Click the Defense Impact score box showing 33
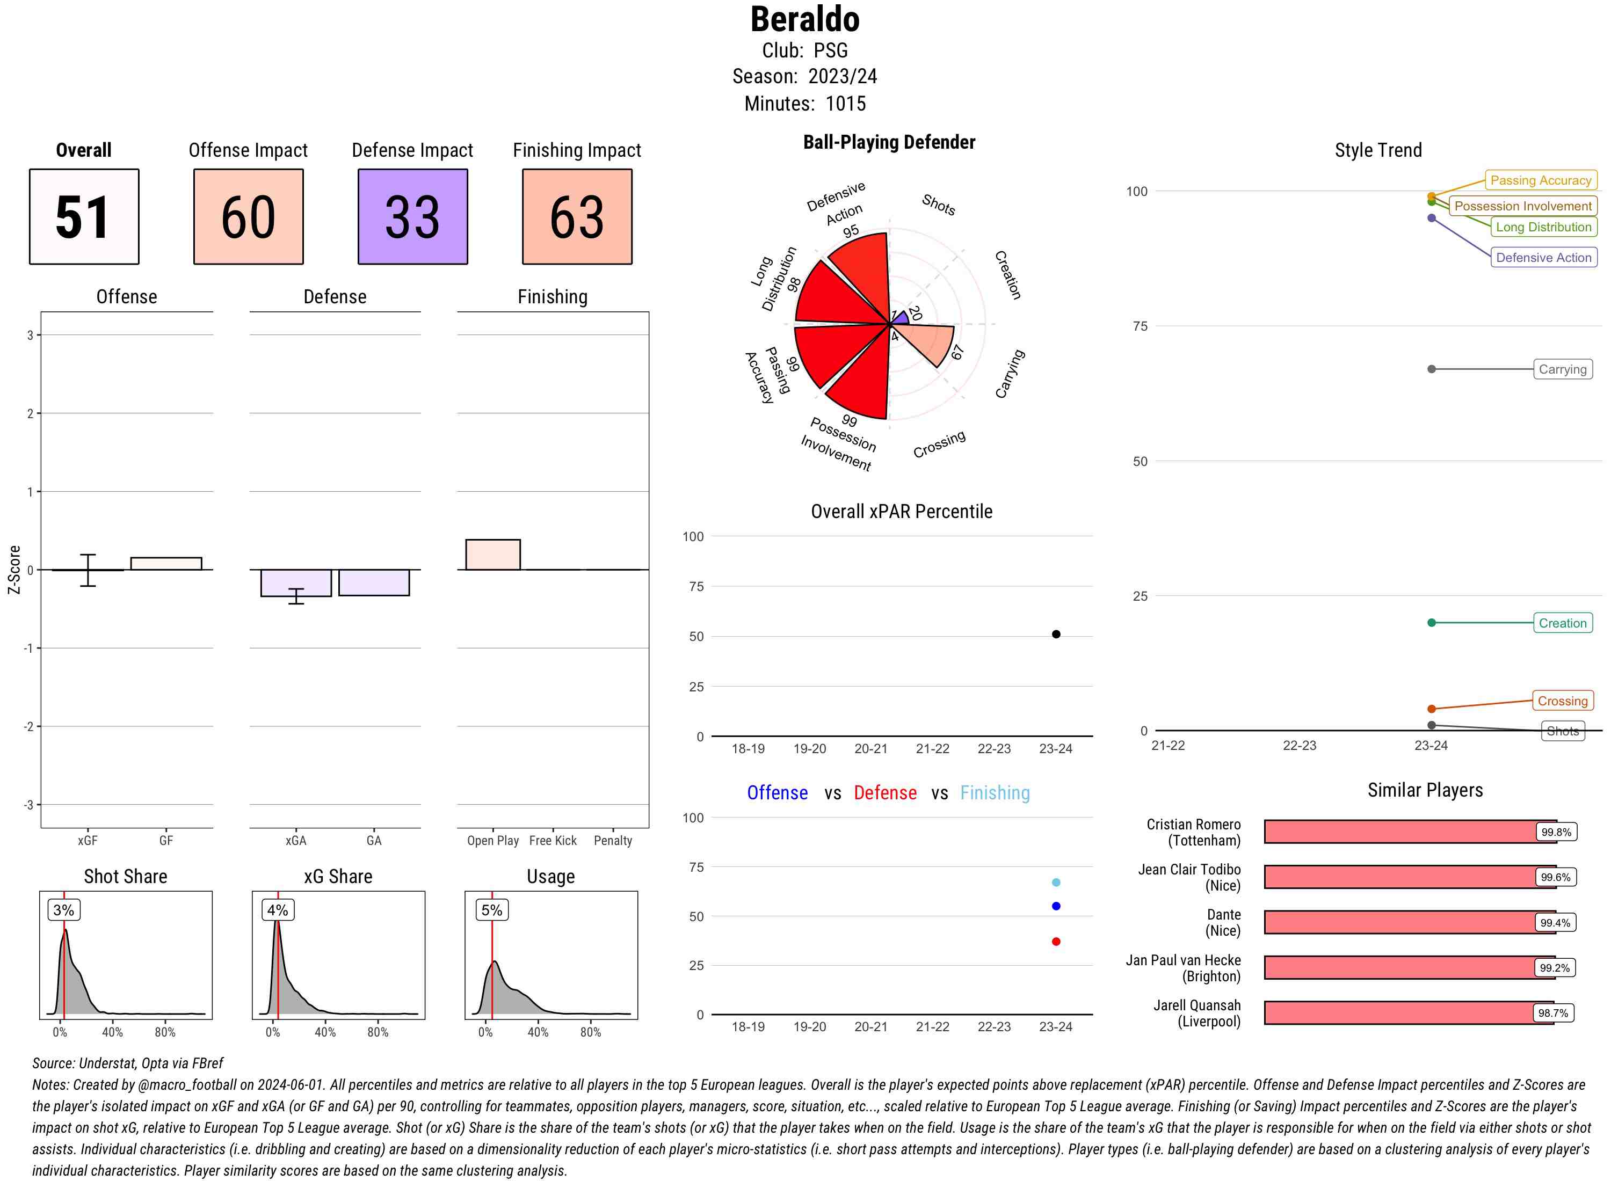click(412, 217)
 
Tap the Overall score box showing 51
click(84, 217)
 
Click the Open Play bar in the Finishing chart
click(492, 555)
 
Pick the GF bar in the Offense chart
click(166, 563)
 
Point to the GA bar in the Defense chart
click(373, 582)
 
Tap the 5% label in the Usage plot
click(491, 910)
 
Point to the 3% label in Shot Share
click(64, 910)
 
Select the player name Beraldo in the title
click(804, 19)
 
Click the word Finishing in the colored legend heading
click(994, 793)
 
